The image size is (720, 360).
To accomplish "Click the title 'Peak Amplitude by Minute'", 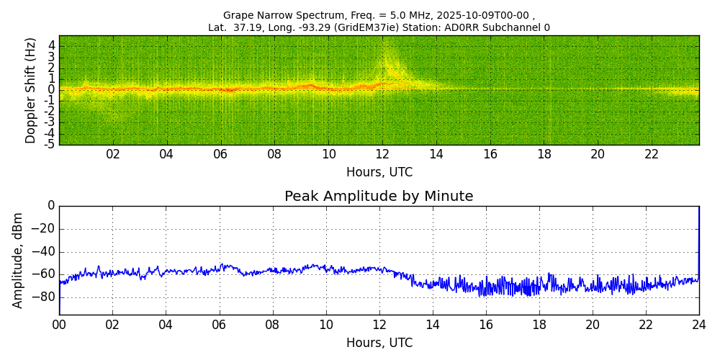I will [x=379, y=197].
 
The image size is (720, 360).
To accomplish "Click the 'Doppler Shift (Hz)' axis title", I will [x=31, y=91].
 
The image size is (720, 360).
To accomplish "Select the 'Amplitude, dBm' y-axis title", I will [x=18, y=260].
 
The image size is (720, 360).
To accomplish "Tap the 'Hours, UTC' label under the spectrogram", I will [x=379, y=173].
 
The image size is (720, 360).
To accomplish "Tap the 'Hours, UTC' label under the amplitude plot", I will [x=379, y=343].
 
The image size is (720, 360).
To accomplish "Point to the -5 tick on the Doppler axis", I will [x=50, y=144].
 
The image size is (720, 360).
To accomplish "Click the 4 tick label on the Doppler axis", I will [x=52, y=45].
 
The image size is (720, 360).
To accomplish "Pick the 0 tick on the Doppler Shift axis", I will [x=52, y=90].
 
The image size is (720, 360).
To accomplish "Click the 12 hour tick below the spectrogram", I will [x=382, y=154].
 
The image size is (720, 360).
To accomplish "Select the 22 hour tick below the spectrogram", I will [x=652, y=154].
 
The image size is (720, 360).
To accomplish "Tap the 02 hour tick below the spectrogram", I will [x=113, y=154].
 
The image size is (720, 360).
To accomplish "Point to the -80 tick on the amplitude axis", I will [x=44, y=297].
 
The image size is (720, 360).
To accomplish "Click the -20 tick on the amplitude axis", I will [x=44, y=229].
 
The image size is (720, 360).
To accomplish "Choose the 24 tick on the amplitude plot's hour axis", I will [x=699, y=325].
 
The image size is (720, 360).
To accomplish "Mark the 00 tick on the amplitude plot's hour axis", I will [x=59, y=325].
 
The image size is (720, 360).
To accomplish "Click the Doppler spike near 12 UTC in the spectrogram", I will [x=389, y=65].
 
